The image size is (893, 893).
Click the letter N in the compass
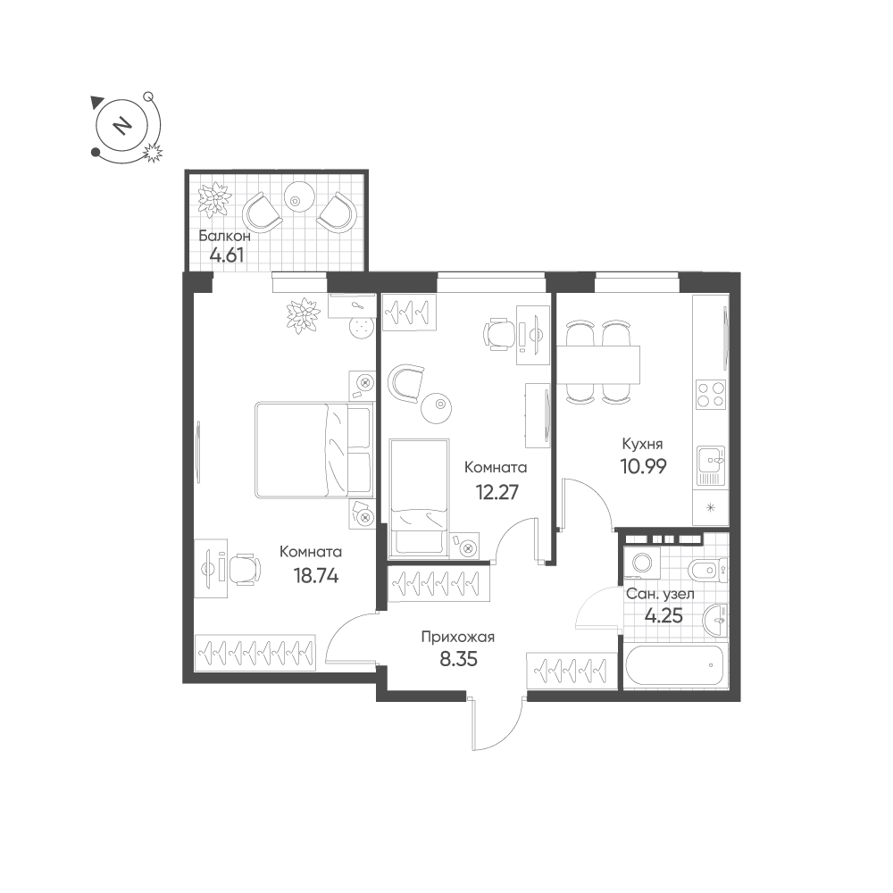coord(123,125)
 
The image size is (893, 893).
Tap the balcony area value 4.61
coord(227,255)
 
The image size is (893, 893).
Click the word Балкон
coord(224,237)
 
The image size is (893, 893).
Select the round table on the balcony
coord(298,196)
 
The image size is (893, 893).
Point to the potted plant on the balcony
coord(214,199)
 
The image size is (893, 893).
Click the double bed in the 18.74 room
coord(313,450)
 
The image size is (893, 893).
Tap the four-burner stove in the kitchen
coord(711,394)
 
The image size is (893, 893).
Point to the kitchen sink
coord(712,463)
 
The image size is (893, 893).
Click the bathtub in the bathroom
coord(675,664)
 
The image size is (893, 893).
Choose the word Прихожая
coord(457,638)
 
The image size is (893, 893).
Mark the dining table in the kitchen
coord(600,363)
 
